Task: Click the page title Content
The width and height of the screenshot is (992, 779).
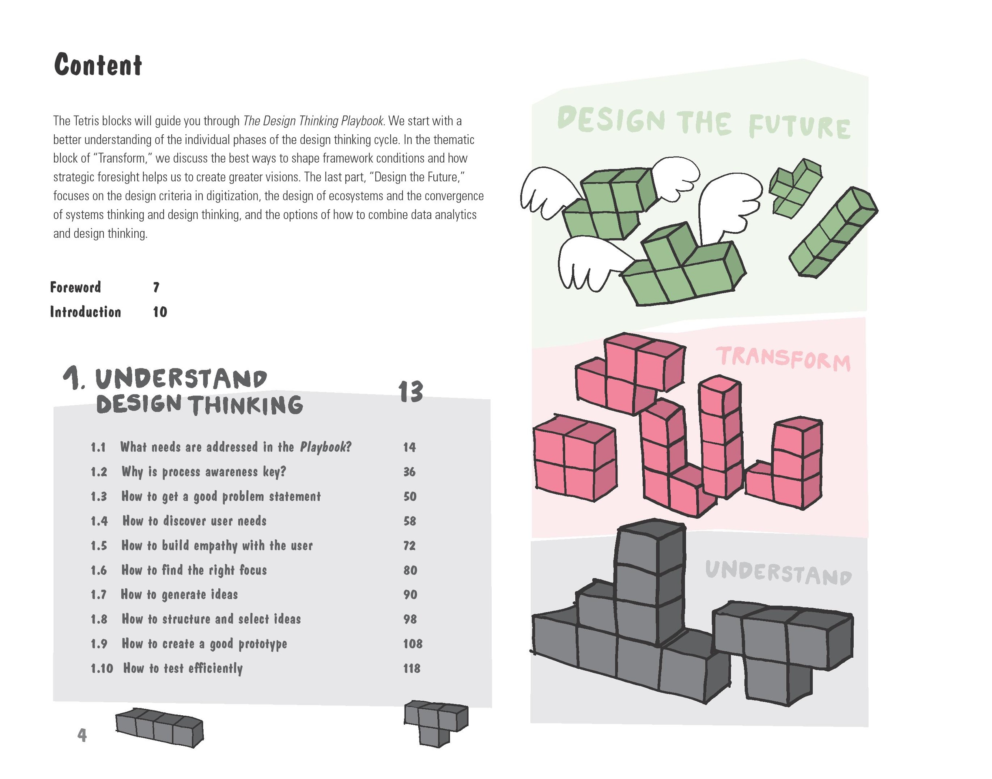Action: tap(98, 65)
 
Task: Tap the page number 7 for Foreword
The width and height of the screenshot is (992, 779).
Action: tap(156, 287)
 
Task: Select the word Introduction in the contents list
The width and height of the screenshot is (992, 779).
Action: tap(85, 312)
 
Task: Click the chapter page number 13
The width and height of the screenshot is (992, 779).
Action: tap(411, 392)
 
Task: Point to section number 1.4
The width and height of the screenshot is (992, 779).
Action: tap(99, 521)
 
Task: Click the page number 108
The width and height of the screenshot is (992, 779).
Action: tap(412, 643)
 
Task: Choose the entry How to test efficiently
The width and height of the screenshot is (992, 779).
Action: tap(183, 669)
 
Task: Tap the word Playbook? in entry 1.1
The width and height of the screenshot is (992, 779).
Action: tap(326, 447)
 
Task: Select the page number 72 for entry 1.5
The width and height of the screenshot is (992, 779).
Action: tap(409, 545)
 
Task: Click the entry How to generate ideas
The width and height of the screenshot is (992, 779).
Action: tap(179, 595)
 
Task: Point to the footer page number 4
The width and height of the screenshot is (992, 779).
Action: tap(82, 735)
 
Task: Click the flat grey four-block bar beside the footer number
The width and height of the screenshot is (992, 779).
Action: tap(159, 727)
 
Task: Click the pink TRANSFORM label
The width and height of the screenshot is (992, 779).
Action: tap(783, 359)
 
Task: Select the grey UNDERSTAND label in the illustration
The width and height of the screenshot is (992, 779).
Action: tap(779, 573)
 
